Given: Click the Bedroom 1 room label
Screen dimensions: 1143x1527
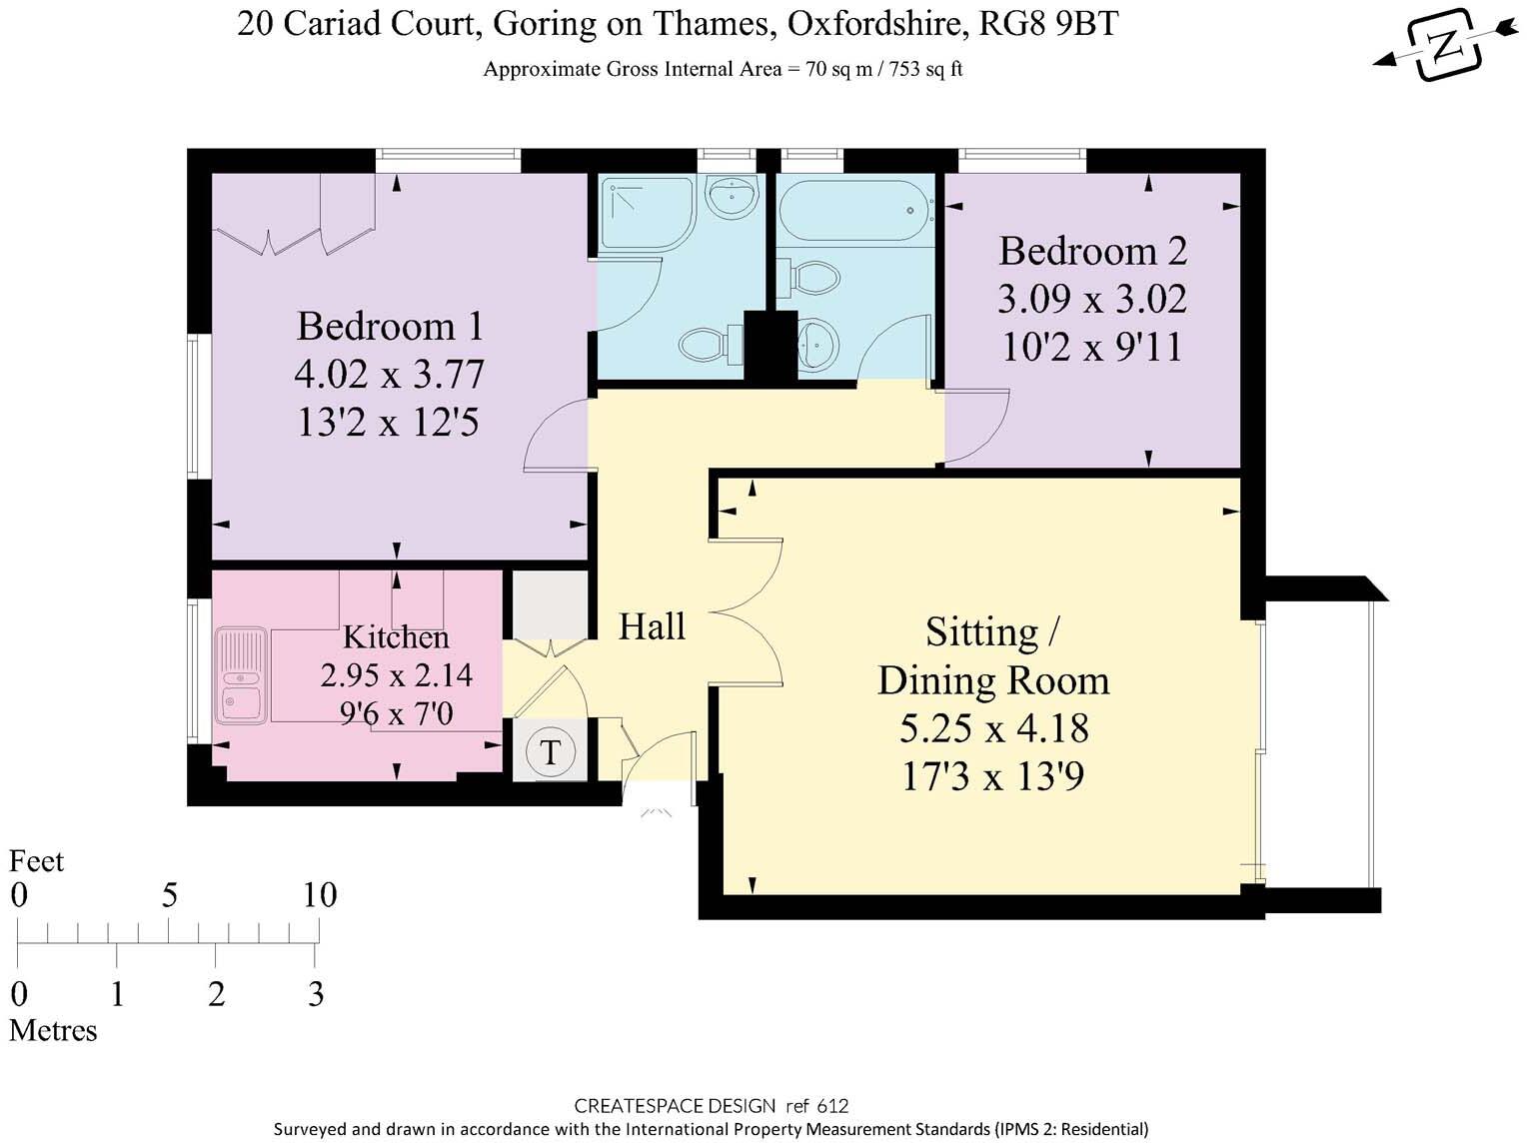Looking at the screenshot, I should coord(390,327).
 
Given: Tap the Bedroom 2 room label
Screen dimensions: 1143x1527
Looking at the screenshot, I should coord(1092,251).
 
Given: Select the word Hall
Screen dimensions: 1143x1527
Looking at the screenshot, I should coord(652,626).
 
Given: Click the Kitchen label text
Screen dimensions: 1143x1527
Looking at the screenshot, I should coord(396,637).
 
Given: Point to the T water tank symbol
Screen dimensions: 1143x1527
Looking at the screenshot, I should coord(550,751).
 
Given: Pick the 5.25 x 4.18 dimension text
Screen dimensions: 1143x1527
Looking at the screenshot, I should coord(993,728).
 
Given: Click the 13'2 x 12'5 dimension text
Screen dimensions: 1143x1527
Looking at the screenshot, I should coord(389,423).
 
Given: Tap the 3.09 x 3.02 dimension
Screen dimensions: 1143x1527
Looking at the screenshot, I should coord(1092,299).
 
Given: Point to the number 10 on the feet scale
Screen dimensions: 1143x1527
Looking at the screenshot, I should coord(320,895).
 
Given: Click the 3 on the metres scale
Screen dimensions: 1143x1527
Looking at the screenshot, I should coord(316,994).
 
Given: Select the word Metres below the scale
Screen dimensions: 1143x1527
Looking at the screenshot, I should coord(53,1030).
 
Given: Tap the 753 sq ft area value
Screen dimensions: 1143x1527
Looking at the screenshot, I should coord(920,69).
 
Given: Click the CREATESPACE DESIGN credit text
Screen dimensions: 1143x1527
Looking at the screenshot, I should coord(674,1106).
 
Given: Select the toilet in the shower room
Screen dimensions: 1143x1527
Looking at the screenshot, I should coord(703,347).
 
